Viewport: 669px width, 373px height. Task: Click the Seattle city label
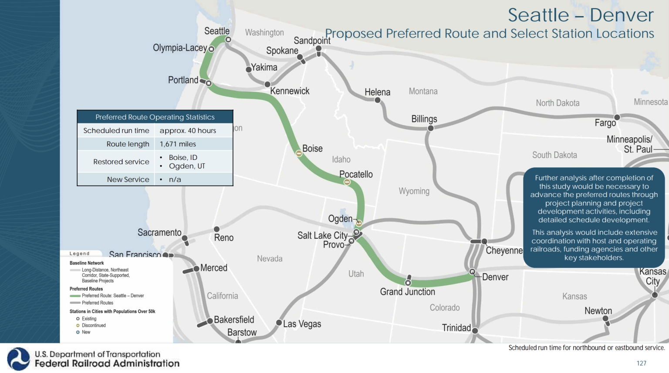(x=217, y=31)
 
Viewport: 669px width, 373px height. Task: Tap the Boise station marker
(x=299, y=153)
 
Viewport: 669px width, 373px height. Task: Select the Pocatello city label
(x=356, y=174)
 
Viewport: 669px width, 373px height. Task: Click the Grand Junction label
(x=407, y=292)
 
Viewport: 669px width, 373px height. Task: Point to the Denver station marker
(x=472, y=272)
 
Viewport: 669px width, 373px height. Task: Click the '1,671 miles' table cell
(x=178, y=144)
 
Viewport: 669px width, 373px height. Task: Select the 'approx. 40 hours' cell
(x=188, y=131)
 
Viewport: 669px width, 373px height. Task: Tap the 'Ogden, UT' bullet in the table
(x=187, y=166)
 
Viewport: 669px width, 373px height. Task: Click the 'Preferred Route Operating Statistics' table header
(x=155, y=117)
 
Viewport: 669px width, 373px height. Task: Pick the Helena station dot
(x=378, y=100)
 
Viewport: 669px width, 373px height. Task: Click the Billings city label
(x=424, y=119)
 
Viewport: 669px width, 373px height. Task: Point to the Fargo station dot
(x=617, y=117)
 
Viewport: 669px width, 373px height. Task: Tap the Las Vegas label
(x=302, y=324)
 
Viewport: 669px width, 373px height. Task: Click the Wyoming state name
(x=414, y=191)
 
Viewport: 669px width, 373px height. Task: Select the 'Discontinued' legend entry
(x=94, y=326)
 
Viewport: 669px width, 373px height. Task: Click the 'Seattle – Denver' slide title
(x=581, y=15)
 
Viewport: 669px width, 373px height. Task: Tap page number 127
(x=641, y=363)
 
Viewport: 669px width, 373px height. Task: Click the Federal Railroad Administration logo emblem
(x=18, y=359)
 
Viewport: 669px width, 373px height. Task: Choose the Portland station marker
(x=209, y=83)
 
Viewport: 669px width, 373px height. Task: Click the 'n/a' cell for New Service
(x=175, y=180)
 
